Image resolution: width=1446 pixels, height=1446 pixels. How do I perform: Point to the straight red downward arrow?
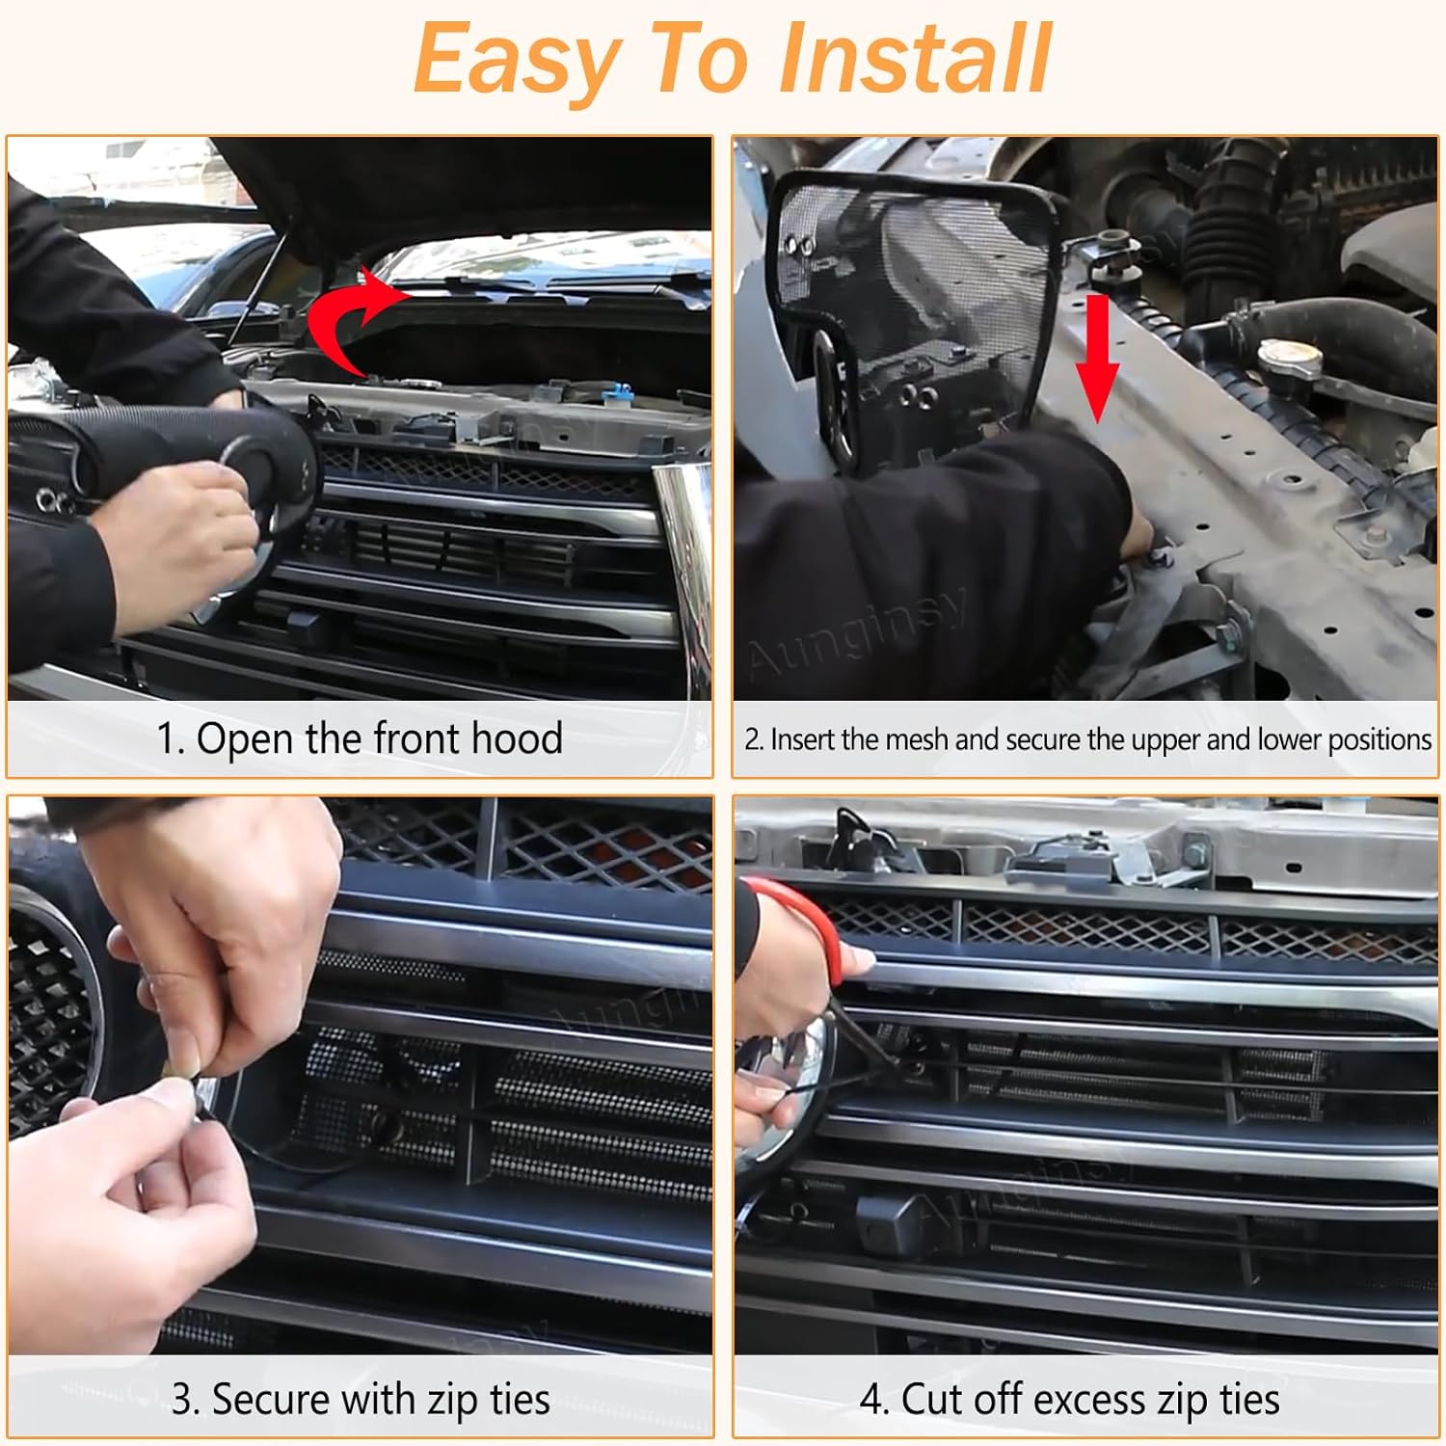click(x=1097, y=361)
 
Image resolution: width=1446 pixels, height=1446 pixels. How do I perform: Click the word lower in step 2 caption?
click(x=1290, y=739)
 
